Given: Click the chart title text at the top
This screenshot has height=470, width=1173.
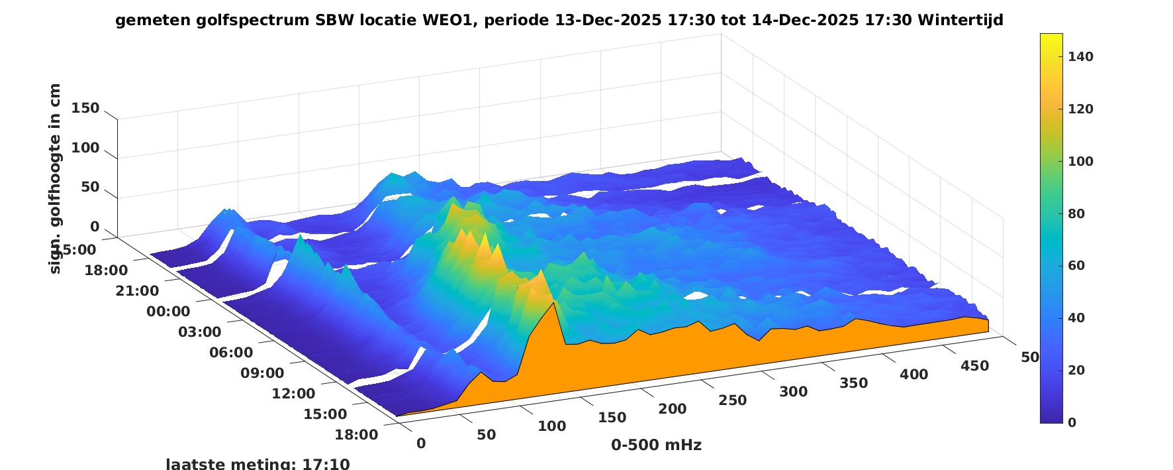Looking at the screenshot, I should (559, 20).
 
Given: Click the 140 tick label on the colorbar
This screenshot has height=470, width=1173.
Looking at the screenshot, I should (1080, 57).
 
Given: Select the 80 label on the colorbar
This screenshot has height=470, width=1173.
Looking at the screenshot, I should (1076, 213).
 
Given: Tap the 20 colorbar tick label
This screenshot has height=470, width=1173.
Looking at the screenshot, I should (1076, 370).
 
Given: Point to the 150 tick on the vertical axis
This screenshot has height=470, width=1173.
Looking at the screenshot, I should (85, 108).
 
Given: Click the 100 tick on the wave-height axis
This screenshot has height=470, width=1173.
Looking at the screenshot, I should (85, 148).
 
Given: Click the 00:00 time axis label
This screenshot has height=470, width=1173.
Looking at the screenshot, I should (168, 312).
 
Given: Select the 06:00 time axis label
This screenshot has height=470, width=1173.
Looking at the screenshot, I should (231, 353).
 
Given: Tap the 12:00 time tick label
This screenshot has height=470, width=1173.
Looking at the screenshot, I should (293, 394).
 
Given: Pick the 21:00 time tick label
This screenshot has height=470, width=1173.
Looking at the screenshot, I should (137, 291).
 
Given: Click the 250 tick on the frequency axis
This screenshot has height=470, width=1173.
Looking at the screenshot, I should (732, 400).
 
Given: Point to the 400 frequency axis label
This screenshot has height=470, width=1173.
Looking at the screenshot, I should (914, 375).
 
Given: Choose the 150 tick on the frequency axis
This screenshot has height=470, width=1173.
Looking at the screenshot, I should (612, 418).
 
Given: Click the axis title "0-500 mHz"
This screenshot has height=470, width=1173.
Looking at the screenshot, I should (656, 445).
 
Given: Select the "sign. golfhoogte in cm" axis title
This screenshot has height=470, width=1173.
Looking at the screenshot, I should (55, 178).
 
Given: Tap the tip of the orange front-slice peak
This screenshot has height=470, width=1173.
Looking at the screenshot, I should (553, 303).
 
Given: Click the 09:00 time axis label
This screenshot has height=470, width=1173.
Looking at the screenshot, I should (262, 373).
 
